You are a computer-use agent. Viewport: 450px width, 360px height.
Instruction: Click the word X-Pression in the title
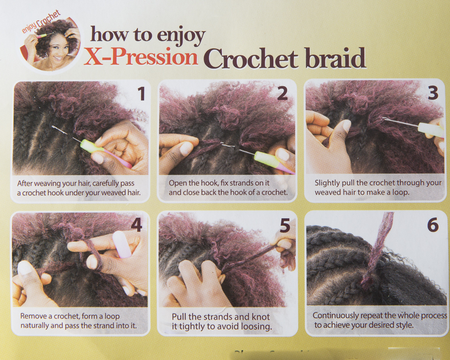pyautogui.click(x=141, y=57)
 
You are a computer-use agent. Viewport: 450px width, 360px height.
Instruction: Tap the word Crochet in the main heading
pyautogui.click(x=251, y=58)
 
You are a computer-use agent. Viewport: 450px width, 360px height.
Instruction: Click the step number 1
pyautogui.click(x=141, y=94)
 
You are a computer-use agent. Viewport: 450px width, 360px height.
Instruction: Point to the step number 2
pyautogui.click(x=282, y=94)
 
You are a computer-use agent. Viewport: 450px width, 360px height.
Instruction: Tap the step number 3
pyautogui.click(x=433, y=93)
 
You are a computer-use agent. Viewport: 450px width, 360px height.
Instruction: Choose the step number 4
pyautogui.click(x=136, y=225)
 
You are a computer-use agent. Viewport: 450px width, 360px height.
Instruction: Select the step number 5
pyautogui.click(x=285, y=226)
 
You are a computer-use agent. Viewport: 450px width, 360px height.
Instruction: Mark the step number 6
pyautogui.click(x=433, y=225)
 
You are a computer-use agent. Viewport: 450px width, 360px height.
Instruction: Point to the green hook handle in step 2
pyautogui.click(x=266, y=159)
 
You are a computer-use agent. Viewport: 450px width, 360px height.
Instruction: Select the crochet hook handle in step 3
pyautogui.click(x=431, y=130)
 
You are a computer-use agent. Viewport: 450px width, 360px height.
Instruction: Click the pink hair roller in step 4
pyautogui.click(x=122, y=245)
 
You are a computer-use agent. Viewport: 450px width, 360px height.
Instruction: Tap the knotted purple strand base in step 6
pyautogui.click(x=368, y=278)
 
